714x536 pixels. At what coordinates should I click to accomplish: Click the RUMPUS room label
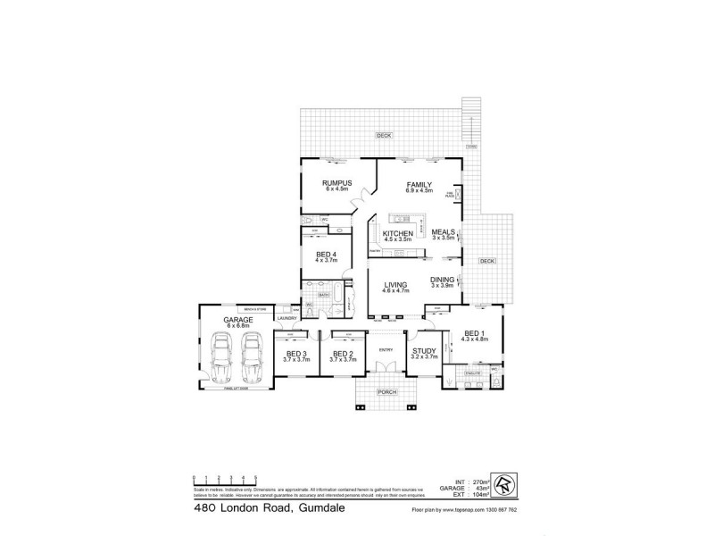tap(339, 183)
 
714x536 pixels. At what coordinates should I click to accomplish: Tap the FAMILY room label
tap(419, 183)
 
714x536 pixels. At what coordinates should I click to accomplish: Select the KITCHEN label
tap(397, 233)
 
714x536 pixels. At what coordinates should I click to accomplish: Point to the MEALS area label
tap(444, 232)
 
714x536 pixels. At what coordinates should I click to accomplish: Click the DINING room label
tap(443, 279)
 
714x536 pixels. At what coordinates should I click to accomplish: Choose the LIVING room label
tap(394, 285)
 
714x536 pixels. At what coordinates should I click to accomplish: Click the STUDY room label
tap(424, 352)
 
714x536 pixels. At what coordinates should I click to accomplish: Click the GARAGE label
tap(239, 320)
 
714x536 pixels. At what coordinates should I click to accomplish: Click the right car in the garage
tap(252, 357)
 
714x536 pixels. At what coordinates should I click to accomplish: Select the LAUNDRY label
tap(286, 318)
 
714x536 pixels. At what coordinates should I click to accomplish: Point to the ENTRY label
tap(386, 349)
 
